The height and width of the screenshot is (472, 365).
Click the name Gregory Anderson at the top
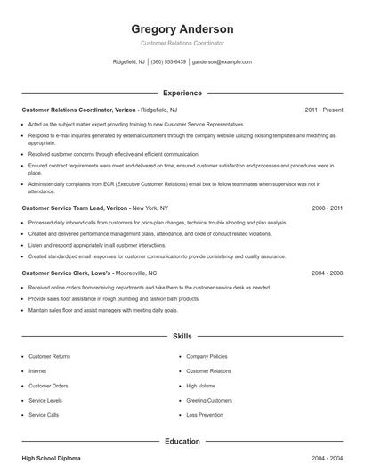pos(182,28)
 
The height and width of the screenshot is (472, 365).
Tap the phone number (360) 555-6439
pos(168,62)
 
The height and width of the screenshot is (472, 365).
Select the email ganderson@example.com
pos(223,62)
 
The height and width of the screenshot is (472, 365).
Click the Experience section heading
pos(182,93)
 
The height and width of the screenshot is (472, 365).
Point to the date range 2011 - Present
pos(324,110)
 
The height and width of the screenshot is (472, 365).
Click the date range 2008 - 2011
pos(328,208)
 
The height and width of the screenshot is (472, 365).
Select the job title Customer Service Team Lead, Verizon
pos(75,208)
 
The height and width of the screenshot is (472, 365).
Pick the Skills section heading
pos(182,337)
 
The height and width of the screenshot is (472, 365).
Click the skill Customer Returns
pos(49,356)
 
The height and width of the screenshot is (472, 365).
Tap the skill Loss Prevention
pos(206,415)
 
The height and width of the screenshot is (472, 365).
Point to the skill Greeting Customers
pos(210,401)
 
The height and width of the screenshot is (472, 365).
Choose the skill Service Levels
pos(45,401)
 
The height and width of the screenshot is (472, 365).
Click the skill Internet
pos(37,370)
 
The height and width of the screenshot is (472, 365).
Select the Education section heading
pos(182,441)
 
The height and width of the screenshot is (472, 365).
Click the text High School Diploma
pos(51,458)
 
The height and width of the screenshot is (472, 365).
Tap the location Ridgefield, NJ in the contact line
pos(128,62)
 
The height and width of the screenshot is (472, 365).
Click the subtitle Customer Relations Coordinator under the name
pos(182,43)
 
